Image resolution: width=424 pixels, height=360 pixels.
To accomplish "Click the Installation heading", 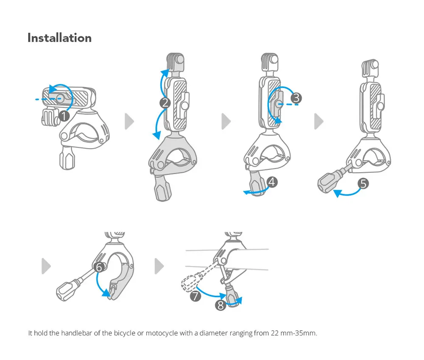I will (59, 38).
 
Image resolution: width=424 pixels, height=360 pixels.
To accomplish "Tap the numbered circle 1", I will (64, 116).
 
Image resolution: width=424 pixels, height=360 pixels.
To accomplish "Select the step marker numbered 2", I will (165, 102).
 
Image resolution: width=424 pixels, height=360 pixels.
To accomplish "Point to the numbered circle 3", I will (296, 98).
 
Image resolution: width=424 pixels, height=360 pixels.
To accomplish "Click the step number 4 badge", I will (272, 182).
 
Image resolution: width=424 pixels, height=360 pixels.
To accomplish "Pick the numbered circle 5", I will (363, 183).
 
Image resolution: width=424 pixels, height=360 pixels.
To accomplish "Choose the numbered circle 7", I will (195, 296).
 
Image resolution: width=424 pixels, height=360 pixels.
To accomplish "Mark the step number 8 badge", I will (220, 305).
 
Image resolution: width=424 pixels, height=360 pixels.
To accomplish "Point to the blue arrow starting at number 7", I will (210, 294).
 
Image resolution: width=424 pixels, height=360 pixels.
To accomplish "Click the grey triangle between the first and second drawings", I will (129, 122).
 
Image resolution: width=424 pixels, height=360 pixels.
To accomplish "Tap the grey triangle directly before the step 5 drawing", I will (318, 122).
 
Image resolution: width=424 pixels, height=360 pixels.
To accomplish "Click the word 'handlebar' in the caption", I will (75, 333).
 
